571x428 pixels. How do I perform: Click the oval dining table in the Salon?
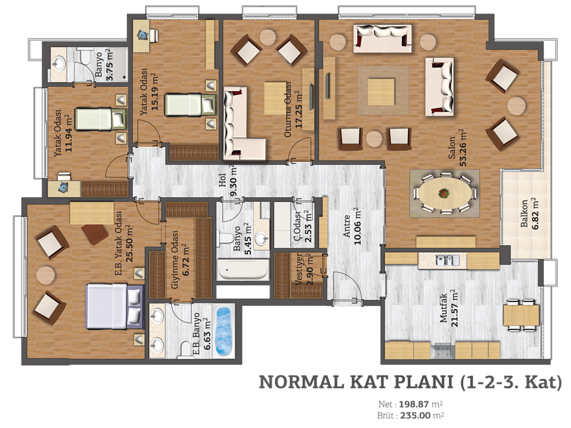pyautogui.click(x=444, y=193)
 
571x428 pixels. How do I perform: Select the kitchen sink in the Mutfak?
pyautogui.click(x=447, y=260)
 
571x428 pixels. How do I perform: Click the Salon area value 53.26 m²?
pyautogui.click(x=463, y=147)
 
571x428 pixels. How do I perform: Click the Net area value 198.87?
pyautogui.click(x=414, y=405)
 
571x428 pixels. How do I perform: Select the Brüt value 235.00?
pyautogui.click(x=415, y=416)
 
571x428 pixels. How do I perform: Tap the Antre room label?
pyautogui.click(x=347, y=226)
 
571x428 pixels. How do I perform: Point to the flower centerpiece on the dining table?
pyautogui.click(x=443, y=193)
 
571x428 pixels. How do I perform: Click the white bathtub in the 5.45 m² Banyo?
pyautogui.click(x=243, y=270)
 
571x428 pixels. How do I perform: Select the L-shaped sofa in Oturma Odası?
pyautogui.click(x=240, y=124)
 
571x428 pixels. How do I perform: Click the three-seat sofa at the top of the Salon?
pyautogui.click(x=383, y=38)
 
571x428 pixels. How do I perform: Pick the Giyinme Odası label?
pyautogui.click(x=175, y=260)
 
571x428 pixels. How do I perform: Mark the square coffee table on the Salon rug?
pyautogui.click(x=381, y=92)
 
